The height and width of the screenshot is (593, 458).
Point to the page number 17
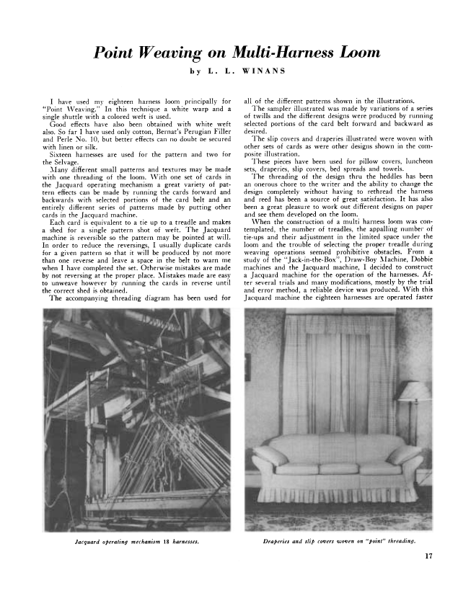pos(429,555)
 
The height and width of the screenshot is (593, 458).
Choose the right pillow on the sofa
pos(402,455)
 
